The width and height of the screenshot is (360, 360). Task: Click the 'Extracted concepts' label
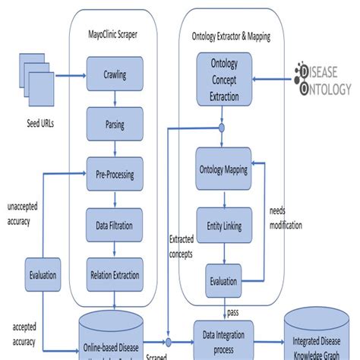coord(181,245)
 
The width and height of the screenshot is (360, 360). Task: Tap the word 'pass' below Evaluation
coord(235,311)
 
